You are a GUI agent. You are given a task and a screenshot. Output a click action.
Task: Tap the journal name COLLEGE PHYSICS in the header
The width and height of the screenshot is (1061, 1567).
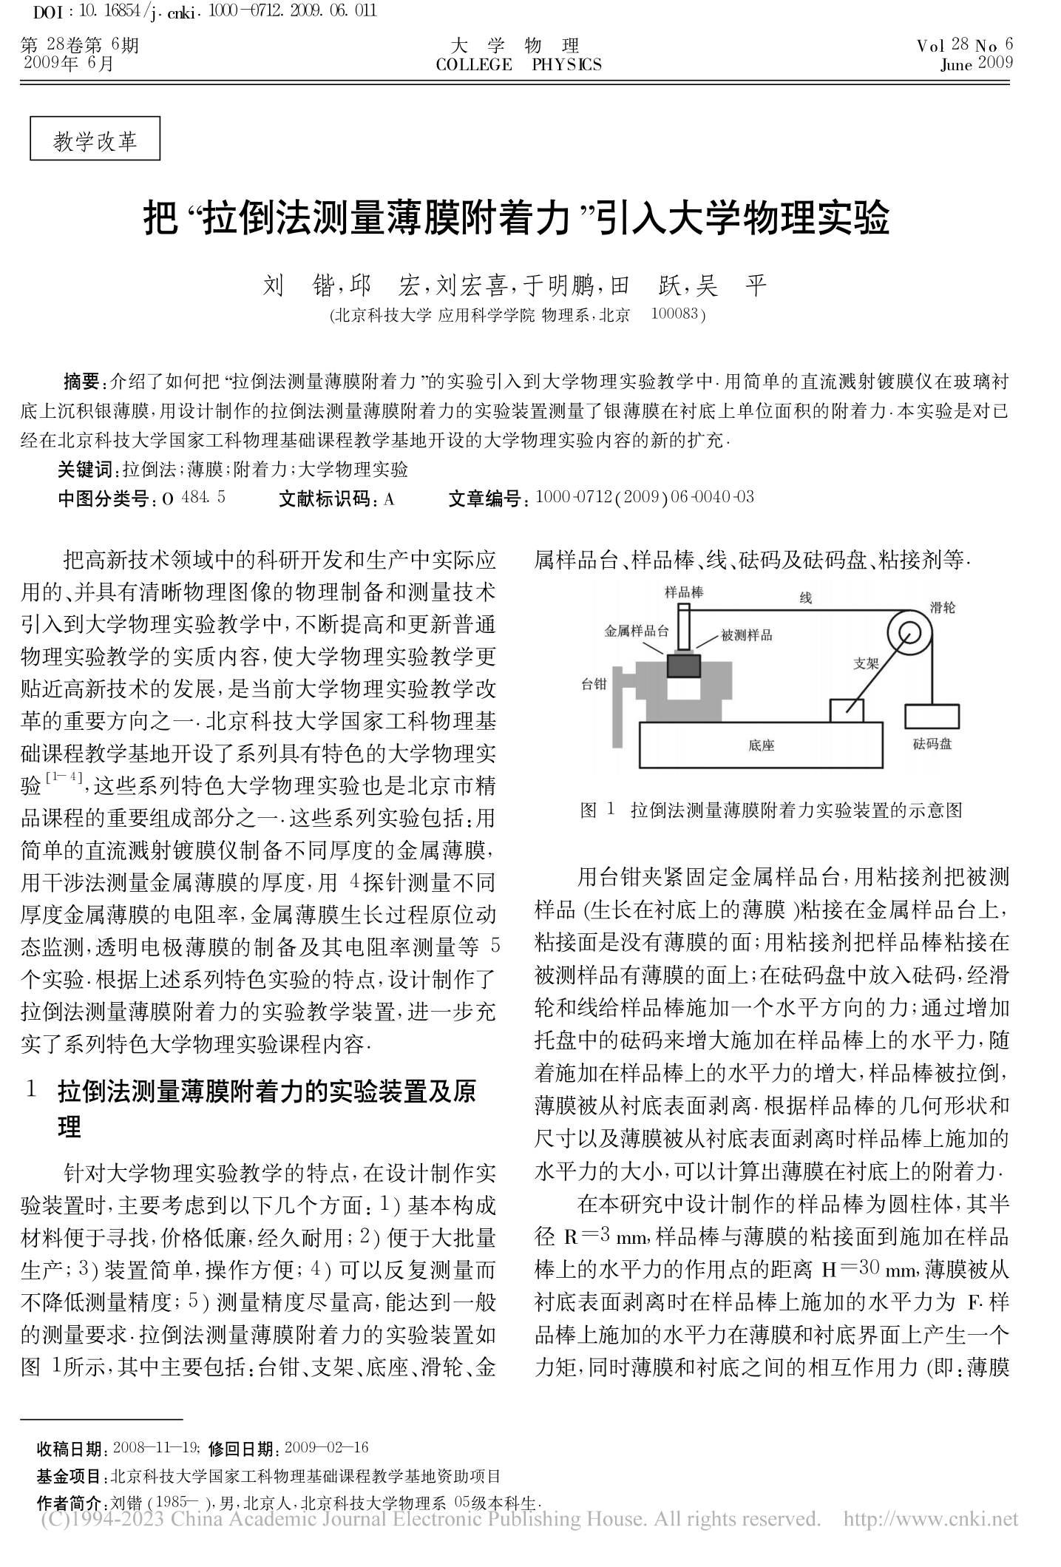(x=518, y=65)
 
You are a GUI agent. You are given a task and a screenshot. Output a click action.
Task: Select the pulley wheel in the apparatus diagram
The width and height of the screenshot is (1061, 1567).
(x=909, y=634)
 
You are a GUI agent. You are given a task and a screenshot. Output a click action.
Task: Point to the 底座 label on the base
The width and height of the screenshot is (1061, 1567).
(x=761, y=745)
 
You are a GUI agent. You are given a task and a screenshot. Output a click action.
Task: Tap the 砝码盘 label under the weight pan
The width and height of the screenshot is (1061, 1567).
(x=932, y=743)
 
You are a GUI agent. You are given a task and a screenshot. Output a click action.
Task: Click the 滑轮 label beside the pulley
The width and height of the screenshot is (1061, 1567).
(x=942, y=607)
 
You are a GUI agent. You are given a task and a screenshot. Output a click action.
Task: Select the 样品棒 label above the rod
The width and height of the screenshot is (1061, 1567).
(x=683, y=592)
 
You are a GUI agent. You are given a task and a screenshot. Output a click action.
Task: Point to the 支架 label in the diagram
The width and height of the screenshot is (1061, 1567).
(x=865, y=663)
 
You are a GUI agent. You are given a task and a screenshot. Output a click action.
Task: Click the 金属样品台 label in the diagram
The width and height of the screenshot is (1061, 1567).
(x=636, y=631)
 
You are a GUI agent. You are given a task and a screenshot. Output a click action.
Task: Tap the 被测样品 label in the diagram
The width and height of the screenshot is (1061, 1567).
(x=747, y=635)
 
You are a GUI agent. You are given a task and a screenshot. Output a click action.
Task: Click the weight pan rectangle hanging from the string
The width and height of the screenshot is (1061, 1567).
(x=932, y=716)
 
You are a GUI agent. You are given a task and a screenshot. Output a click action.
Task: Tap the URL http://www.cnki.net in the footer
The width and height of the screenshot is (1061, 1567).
(x=930, y=1520)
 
